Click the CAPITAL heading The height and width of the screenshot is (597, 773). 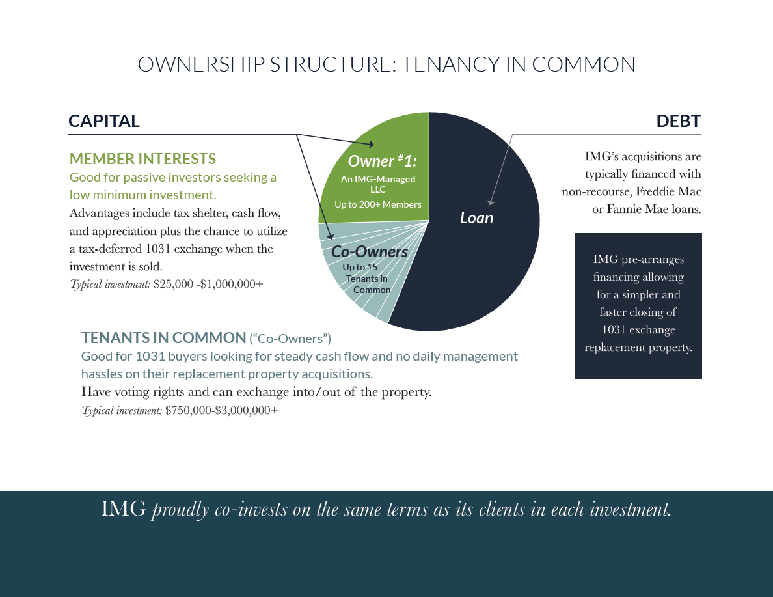click(x=104, y=121)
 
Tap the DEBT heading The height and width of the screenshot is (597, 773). click(x=678, y=121)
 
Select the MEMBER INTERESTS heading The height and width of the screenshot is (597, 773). click(x=142, y=159)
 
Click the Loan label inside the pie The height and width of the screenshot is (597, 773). click(x=476, y=217)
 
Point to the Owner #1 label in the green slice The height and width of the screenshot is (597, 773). click(x=382, y=161)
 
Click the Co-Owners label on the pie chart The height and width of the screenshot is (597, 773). click(x=369, y=251)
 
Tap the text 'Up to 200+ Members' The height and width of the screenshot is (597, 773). click(x=377, y=204)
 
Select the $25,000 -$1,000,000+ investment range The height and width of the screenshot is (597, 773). click(x=208, y=284)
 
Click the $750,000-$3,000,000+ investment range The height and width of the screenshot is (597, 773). click(x=221, y=410)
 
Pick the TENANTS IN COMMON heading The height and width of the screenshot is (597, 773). click(x=163, y=337)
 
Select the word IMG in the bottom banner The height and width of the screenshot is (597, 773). click(x=124, y=509)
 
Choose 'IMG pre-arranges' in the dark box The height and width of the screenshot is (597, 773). click(x=638, y=259)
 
